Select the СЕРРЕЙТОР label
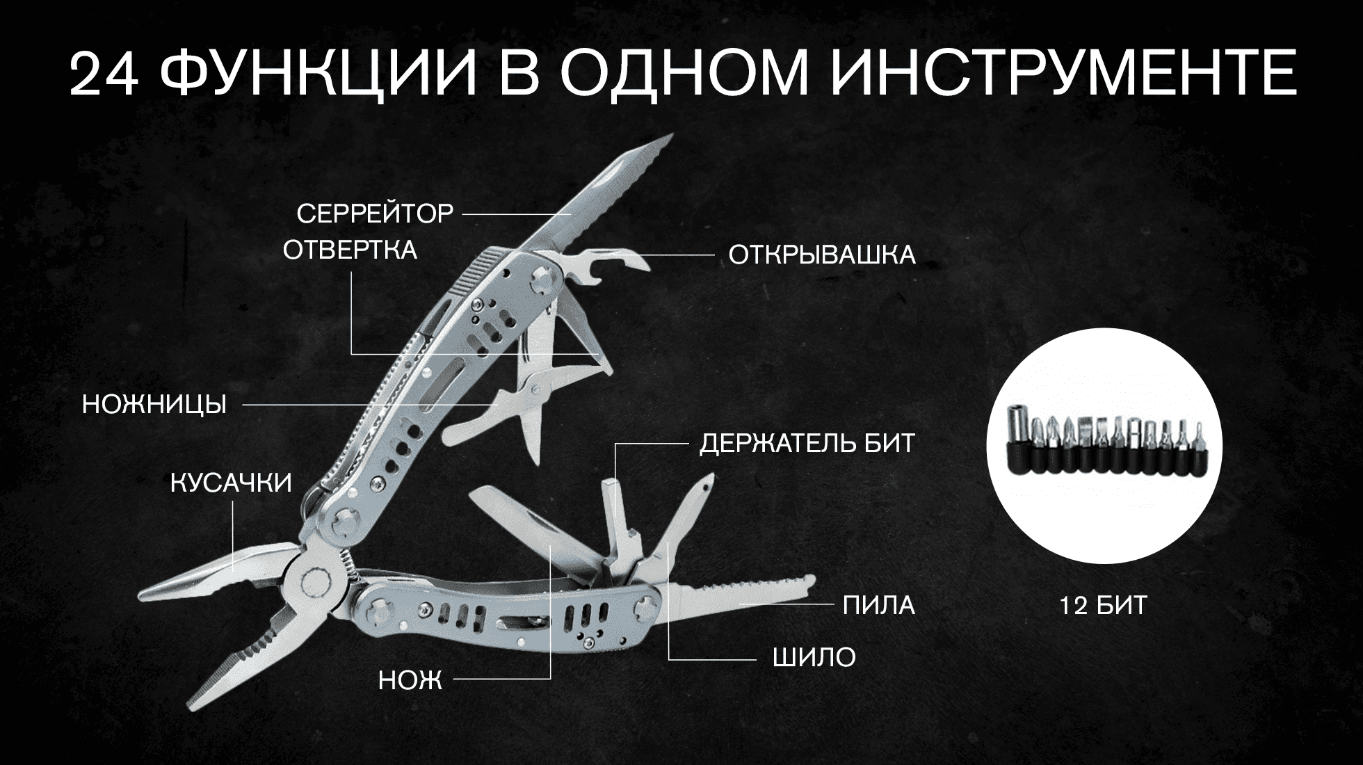pos(375,214)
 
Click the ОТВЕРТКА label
pos(350,250)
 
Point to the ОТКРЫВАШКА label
pos(822,255)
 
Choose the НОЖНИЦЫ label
pos(154,404)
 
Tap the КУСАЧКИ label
pos(231,483)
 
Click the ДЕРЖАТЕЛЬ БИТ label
pos(807,443)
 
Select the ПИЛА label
pos(878,606)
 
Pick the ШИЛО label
pos(814,657)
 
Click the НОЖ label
pos(410,680)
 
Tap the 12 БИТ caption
pos(1103,606)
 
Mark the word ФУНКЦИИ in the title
pos(323,74)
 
